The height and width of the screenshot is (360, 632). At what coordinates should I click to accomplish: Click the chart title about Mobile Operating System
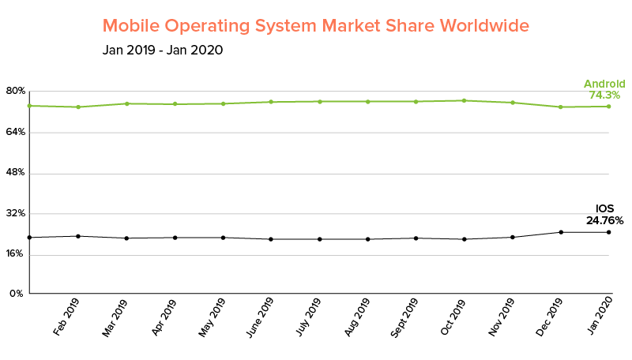pyautogui.click(x=315, y=25)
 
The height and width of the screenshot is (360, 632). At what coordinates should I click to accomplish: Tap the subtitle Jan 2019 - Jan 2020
pyautogui.click(x=162, y=51)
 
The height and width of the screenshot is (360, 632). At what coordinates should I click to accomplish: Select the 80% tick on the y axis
pyautogui.click(x=17, y=91)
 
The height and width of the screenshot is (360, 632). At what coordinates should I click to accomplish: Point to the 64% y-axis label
pyautogui.click(x=17, y=132)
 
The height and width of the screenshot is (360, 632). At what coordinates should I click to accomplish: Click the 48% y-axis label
pyautogui.click(x=17, y=173)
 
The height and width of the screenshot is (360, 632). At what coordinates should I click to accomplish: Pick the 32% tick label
pyautogui.click(x=17, y=213)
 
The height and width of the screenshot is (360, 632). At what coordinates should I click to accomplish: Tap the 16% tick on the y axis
pyautogui.click(x=17, y=254)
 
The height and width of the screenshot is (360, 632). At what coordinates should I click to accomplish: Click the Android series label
pyautogui.click(x=604, y=84)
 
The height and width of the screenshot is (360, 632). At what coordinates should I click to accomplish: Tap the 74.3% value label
pyautogui.click(x=604, y=96)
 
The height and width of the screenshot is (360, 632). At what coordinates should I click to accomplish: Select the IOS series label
pyautogui.click(x=604, y=209)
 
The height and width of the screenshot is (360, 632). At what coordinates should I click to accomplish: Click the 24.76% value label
pyautogui.click(x=604, y=220)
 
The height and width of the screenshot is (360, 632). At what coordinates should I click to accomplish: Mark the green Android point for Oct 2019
pyautogui.click(x=464, y=100)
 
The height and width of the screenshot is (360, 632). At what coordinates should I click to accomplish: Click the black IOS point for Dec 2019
pyautogui.click(x=561, y=232)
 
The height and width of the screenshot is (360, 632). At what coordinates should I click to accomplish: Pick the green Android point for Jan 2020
pyautogui.click(x=609, y=107)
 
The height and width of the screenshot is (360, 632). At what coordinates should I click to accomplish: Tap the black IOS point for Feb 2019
pyautogui.click(x=77, y=236)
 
